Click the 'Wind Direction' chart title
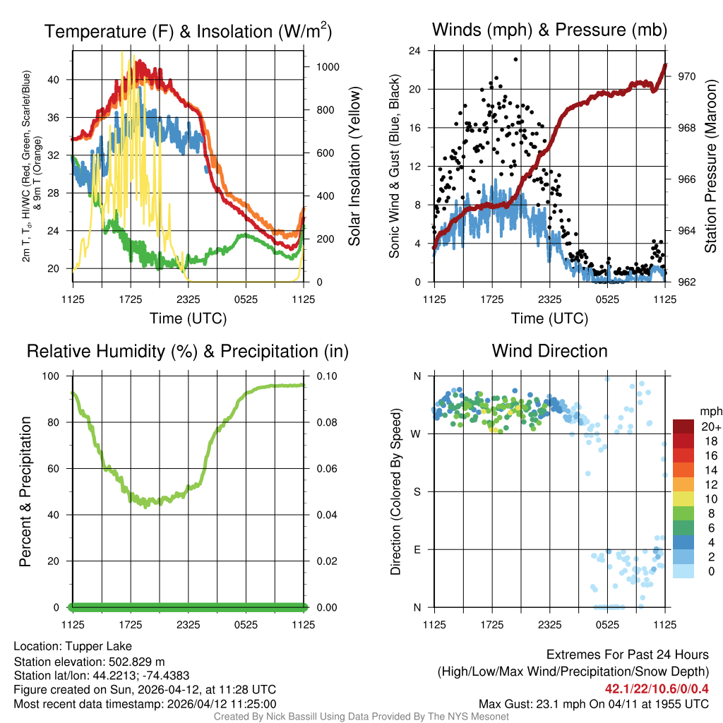tap(549, 351)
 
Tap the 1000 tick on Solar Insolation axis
tap(329, 67)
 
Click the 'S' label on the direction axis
tap(417, 491)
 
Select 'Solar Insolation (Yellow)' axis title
tap(354, 167)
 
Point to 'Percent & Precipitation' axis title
tap(25, 491)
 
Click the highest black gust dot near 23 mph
tap(516, 60)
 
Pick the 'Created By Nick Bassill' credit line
tap(361, 717)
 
